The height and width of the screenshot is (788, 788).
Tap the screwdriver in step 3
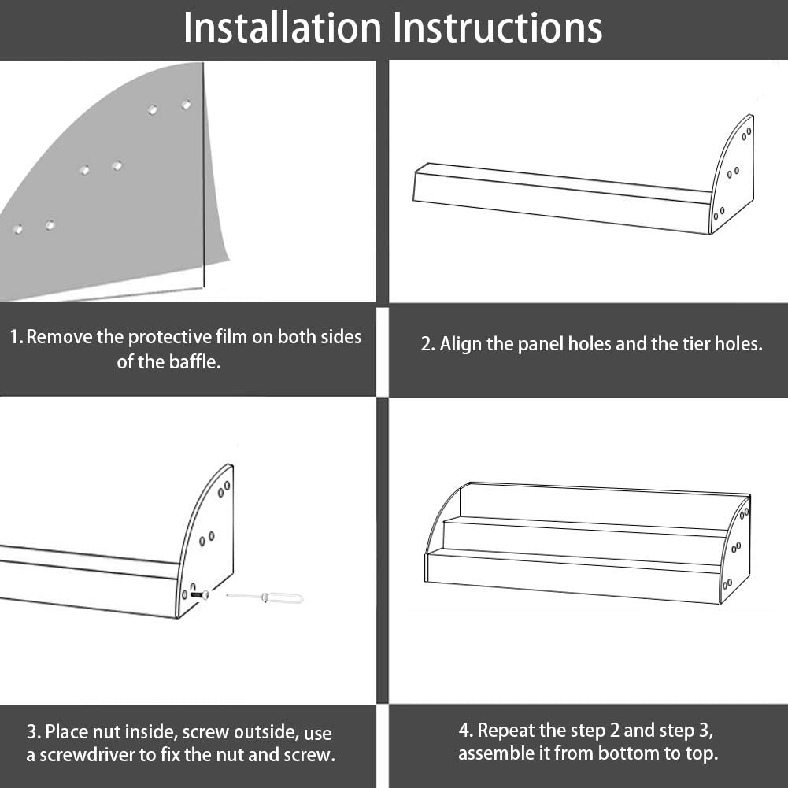pyautogui.click(x=265, y=597)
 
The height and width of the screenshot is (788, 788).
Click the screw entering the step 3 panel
pyautogui.click(x=199, y=594)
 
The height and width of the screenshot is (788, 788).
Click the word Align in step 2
pyautogui.click(x=461, y=344)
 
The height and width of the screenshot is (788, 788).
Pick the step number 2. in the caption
pyautogui.click(x=427, y=344)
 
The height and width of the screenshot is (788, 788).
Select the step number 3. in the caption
pyautogui.click(x=34, y=732)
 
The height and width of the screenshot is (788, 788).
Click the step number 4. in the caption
pyautogui.click(x=466, y=731)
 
